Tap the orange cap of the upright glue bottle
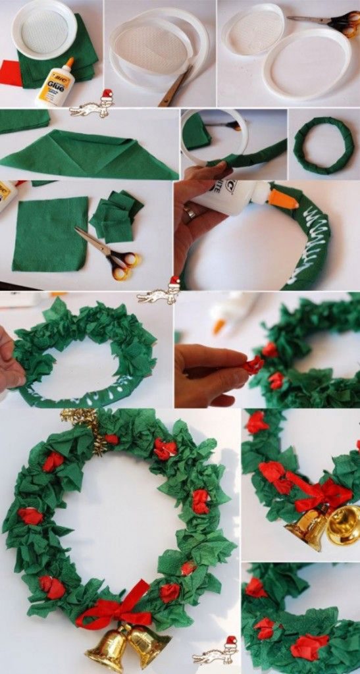(69, 63)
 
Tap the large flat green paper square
(50, 234)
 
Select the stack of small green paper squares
(116, 216)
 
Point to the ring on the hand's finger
(190, 213)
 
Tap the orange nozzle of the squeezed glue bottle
(283, 197)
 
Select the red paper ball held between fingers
(253, 364)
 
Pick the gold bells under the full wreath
(128, 645)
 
